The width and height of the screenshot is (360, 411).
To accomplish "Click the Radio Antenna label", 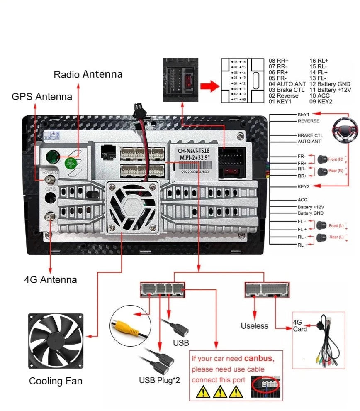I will click(x=88, y=74).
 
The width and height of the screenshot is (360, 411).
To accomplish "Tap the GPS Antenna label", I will click(x=41, y=97).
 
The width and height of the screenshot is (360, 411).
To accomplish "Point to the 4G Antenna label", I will click(x=50, y=279).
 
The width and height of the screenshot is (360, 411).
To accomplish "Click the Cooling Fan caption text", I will click(x=56, y=381).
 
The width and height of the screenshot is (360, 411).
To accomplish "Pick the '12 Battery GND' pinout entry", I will click(x=330, y=84).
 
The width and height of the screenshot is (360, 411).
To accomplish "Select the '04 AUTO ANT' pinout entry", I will click(x=287, y=84).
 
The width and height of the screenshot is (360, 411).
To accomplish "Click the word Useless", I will click(x=254, y=326).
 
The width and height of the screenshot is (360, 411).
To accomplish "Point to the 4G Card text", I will click(x=300, y=325).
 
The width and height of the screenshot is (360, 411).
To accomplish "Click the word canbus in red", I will click(x=259, y=358).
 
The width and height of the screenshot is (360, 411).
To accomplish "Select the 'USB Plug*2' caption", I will click(x=160, y=380).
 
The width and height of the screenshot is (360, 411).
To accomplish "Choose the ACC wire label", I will click(x=302, y=200).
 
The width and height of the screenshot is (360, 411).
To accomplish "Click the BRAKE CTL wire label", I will click(x=310, y=135).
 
